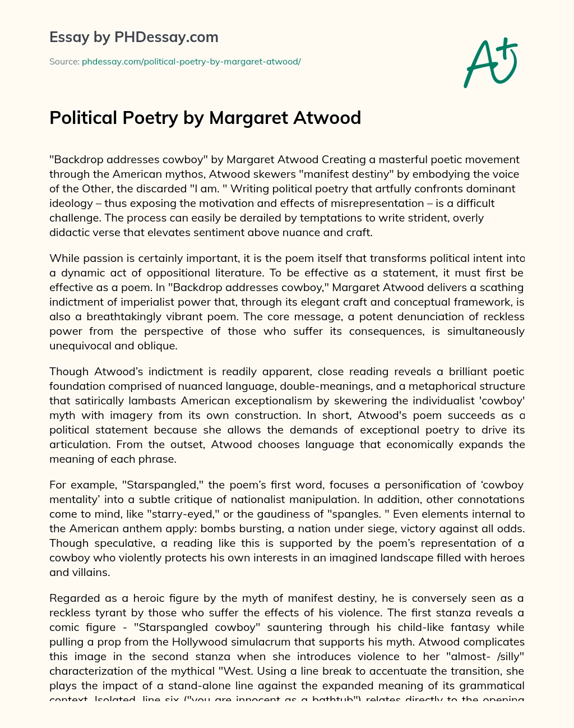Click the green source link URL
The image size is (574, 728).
(x=191, y=62)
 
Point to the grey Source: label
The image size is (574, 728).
(x=64, y=62)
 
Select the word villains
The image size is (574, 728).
(x=87, y=572)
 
